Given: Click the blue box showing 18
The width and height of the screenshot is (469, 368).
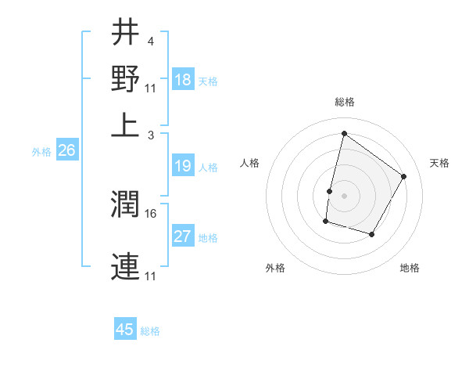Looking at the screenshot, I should tap(183, 80).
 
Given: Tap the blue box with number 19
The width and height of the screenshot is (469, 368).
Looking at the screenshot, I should tap(183, 166).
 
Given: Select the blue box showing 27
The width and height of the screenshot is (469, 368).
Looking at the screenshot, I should tap(183, 236).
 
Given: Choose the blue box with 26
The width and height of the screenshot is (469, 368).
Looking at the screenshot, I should tap(66, 150).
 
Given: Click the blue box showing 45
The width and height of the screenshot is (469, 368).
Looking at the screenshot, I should tap(125, 330).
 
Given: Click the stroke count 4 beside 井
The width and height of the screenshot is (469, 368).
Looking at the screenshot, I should tap(150, 40).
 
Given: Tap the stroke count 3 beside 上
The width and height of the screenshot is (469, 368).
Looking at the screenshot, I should tap(150, 135).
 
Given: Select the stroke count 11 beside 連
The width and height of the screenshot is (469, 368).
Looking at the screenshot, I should tap(151, 276).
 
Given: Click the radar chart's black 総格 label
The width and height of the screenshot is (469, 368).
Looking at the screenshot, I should tap(344, 103).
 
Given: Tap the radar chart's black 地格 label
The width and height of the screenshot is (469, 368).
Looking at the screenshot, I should tap(410, 269).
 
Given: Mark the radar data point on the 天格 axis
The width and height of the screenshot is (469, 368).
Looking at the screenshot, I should tap(404, 176).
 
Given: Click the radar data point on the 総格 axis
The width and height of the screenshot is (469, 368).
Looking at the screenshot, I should tap(344, 134).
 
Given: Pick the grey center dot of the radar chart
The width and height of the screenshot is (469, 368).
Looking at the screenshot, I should tap(344, 195).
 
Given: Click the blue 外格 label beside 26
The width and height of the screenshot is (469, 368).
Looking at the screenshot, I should tap(41, 152).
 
